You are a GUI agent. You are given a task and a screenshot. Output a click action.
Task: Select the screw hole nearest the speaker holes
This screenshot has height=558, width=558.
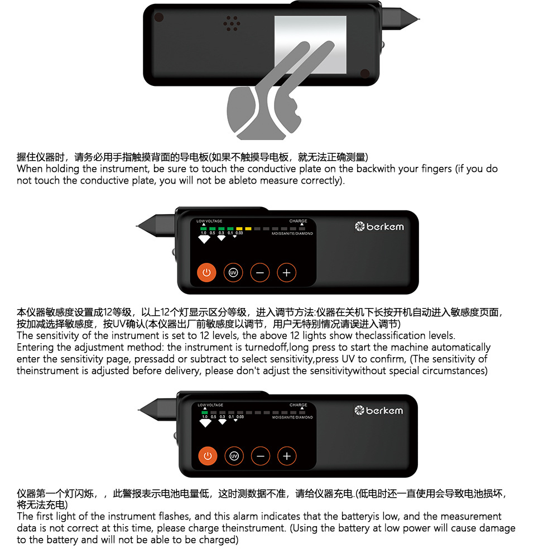159,16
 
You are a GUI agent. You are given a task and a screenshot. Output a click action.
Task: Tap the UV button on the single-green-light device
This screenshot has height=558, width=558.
234,456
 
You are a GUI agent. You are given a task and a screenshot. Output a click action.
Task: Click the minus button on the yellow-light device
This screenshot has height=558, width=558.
260,272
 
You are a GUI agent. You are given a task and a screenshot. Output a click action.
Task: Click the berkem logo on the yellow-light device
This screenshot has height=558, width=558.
379,226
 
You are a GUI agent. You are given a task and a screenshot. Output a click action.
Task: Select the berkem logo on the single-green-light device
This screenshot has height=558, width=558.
379,411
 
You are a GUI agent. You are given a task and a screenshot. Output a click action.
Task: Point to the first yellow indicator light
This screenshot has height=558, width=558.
239,228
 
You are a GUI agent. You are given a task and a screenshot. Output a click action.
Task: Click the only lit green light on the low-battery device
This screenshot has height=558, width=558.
204,412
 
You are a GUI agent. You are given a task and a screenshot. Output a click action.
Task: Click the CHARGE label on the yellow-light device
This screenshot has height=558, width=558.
298,221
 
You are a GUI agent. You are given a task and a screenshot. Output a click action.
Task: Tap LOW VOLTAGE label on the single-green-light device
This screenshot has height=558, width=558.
210,405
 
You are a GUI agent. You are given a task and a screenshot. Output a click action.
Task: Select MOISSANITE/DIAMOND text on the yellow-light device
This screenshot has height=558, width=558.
292,233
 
